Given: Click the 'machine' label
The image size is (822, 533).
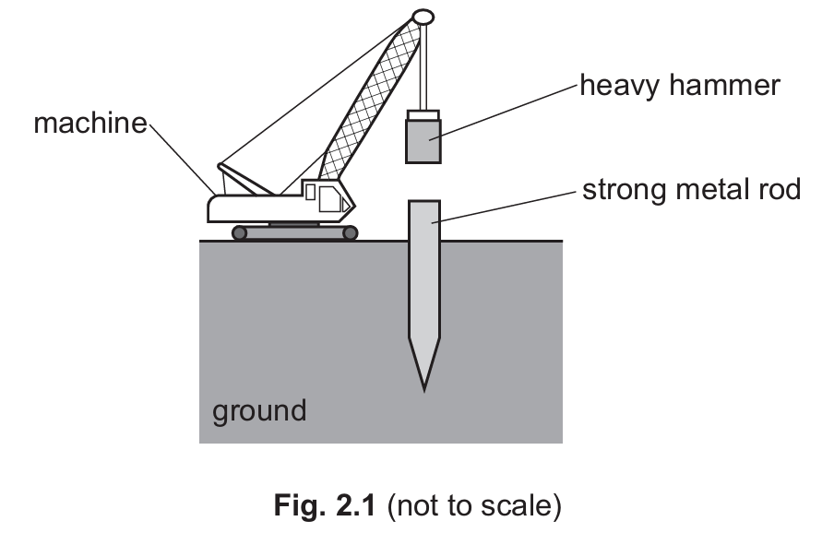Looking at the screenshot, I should click(x=90, y=123).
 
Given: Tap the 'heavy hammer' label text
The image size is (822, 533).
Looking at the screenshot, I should click(x=680, y=86).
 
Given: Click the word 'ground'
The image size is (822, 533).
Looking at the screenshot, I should click(x=259, y=409).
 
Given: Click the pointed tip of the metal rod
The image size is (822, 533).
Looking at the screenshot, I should click(x=423, y=383).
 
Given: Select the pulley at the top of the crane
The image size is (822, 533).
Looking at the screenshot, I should click(x=423, y=17).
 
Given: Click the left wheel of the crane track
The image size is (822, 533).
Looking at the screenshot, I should click(x=240, y=233).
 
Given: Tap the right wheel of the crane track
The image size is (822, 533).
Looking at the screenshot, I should click(x=350, y=233).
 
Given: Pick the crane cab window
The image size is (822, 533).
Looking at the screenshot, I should click(x=328, y=198).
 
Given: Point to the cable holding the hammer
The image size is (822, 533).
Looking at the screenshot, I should click(x=423, y=69).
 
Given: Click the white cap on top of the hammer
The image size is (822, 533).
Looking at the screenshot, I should click(x=423, y=115).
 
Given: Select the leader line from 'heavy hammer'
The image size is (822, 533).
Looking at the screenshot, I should click(x=507, y=111).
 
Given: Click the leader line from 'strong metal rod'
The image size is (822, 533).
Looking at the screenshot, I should click(x=507, y=207).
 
